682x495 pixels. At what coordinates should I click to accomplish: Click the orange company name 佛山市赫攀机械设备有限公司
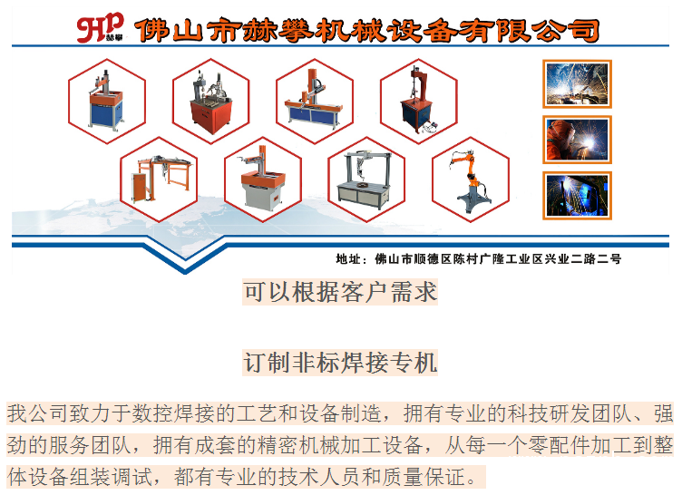pos(367,31)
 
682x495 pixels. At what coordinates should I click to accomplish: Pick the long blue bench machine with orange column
pos(314,99)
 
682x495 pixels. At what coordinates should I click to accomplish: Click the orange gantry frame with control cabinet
pos(161,179)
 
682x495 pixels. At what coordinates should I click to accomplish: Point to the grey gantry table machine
pos(365,180)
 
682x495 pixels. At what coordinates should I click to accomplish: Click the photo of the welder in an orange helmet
pos(577,140)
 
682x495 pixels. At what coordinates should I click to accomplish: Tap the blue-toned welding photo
pos(577,195)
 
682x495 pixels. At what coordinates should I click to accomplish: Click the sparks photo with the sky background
pos(577,84)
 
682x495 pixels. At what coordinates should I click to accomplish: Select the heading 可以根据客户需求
pos(340,292)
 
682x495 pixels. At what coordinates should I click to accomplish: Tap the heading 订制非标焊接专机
pos(340,363)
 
